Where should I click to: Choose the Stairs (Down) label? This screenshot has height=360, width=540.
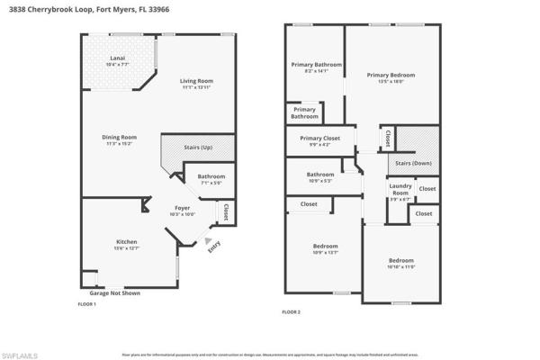414,164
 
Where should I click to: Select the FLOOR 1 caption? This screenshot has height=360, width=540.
87,304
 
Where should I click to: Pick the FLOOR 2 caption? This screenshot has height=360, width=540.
291,311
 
